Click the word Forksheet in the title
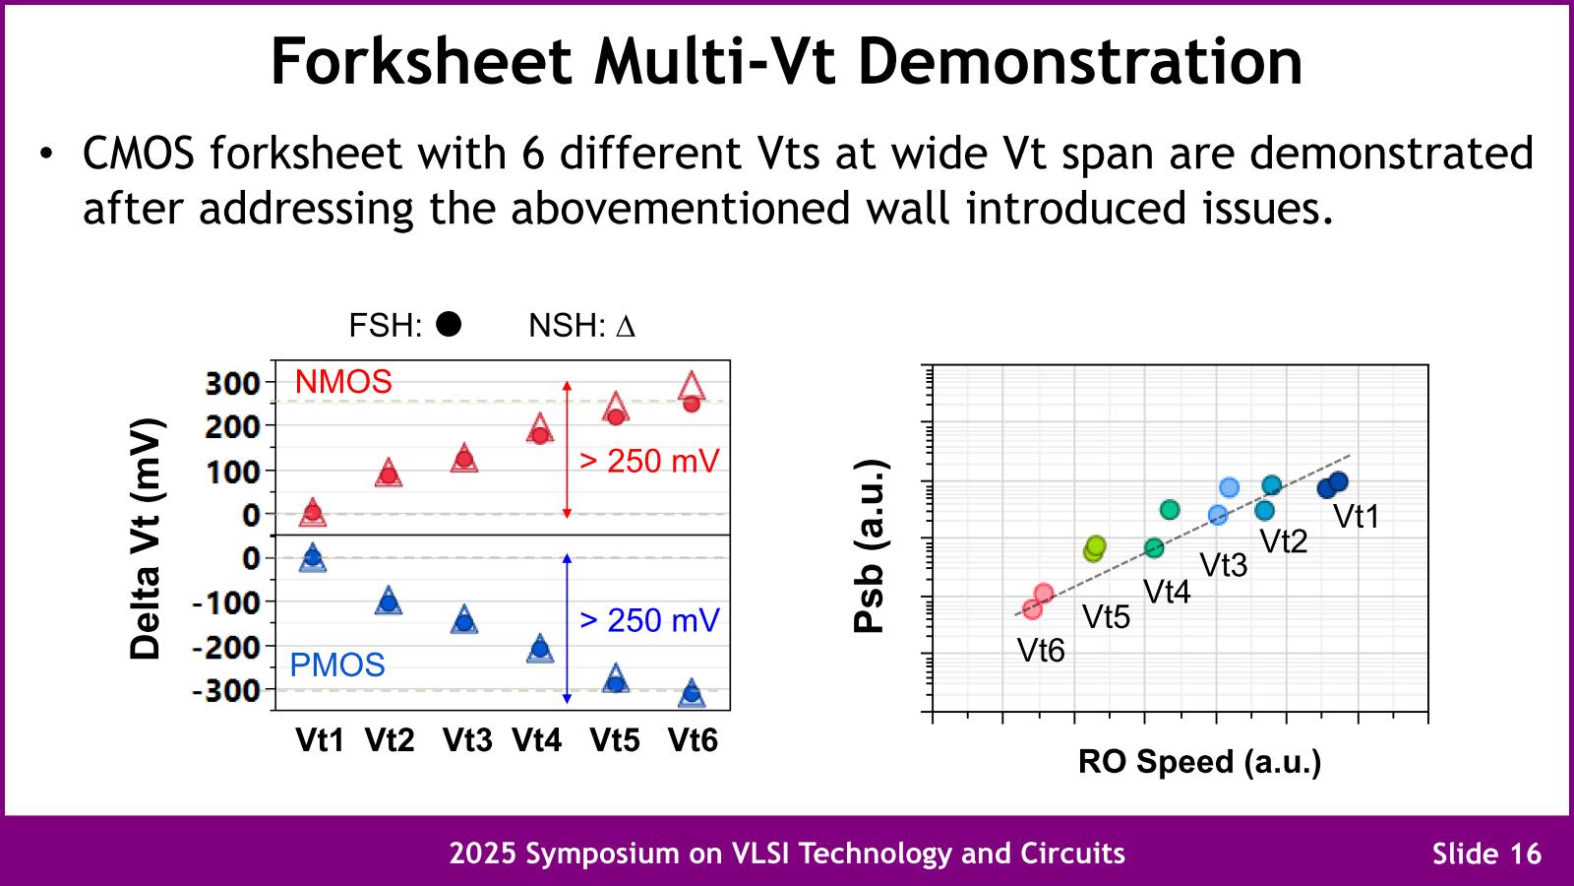pos(421,61)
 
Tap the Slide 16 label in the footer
pos(1486,854)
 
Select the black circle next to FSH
pos(449,324)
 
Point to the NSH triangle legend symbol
pos(626,327)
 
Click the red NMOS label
pos(343,382)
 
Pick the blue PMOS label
pos(336,665)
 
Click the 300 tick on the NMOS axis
pos(233,382)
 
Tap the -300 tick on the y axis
pos(226,691)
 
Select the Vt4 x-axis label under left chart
pos(537,740)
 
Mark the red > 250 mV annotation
pos(649,461)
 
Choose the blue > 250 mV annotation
pos(649,620)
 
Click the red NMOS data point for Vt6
pos(692,403)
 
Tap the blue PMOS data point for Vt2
pos(389,602)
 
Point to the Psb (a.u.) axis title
pos(870,545)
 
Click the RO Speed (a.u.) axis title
pos(1199,762)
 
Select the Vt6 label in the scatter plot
pos(1041,651)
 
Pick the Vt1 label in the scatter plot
pos(1357,517)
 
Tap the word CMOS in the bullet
pos(139,155)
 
